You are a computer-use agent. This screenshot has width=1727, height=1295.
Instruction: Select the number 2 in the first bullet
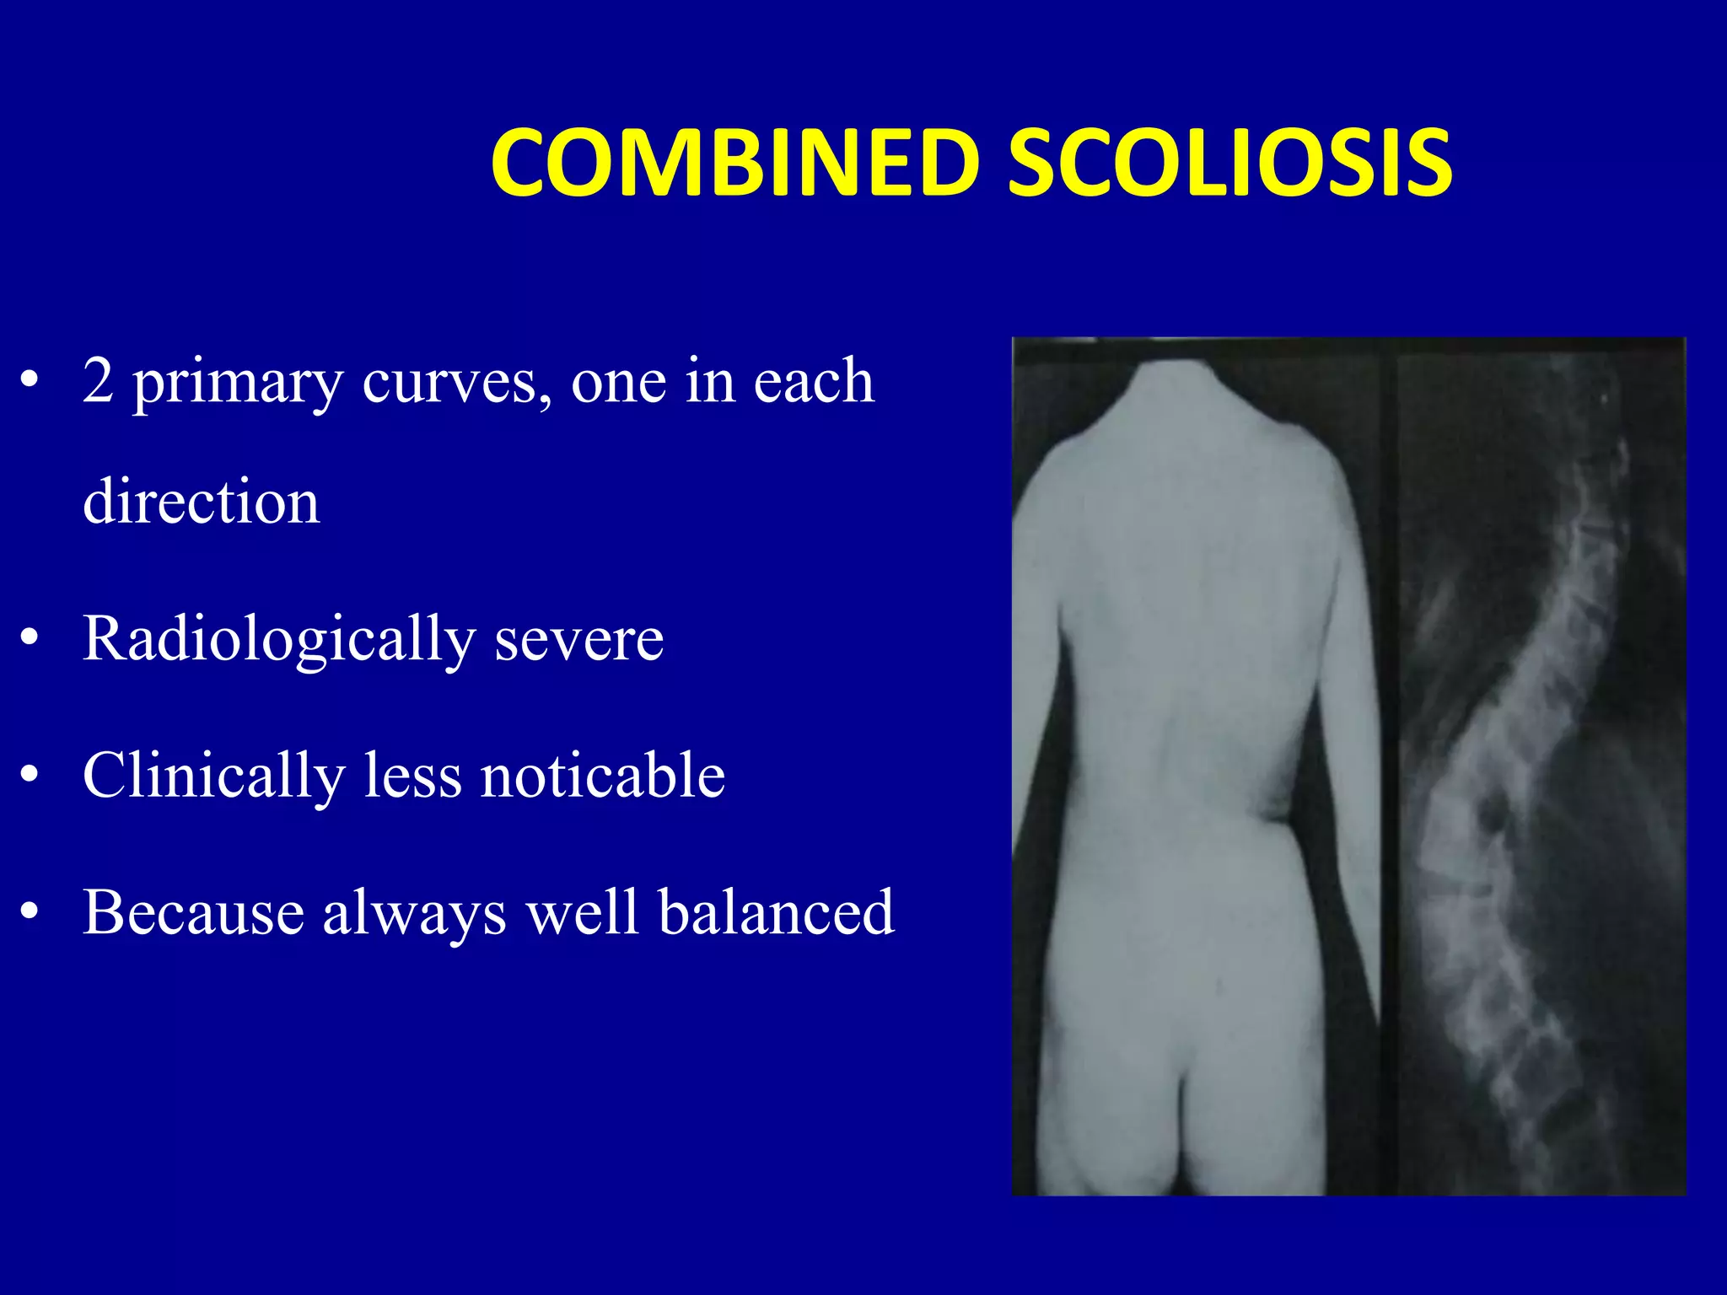click(x=98, y=382)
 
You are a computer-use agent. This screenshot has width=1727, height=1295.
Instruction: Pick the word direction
click(x=202, y=502)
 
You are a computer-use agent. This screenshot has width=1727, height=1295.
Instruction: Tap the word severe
click(x=579, y=640)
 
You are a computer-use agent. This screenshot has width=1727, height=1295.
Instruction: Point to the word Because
click(x=193, y=912)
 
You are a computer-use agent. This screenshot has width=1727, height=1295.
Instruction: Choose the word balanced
click(x=776, y=912)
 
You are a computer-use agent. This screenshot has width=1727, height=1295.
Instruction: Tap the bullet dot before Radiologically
click(x=30, y=638)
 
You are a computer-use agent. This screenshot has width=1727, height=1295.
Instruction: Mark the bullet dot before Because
click(x=30, y=913)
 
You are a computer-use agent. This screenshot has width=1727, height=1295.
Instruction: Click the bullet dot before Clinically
click(x=30, y=776)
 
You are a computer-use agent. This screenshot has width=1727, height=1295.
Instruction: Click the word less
click(x=412, y=775)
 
